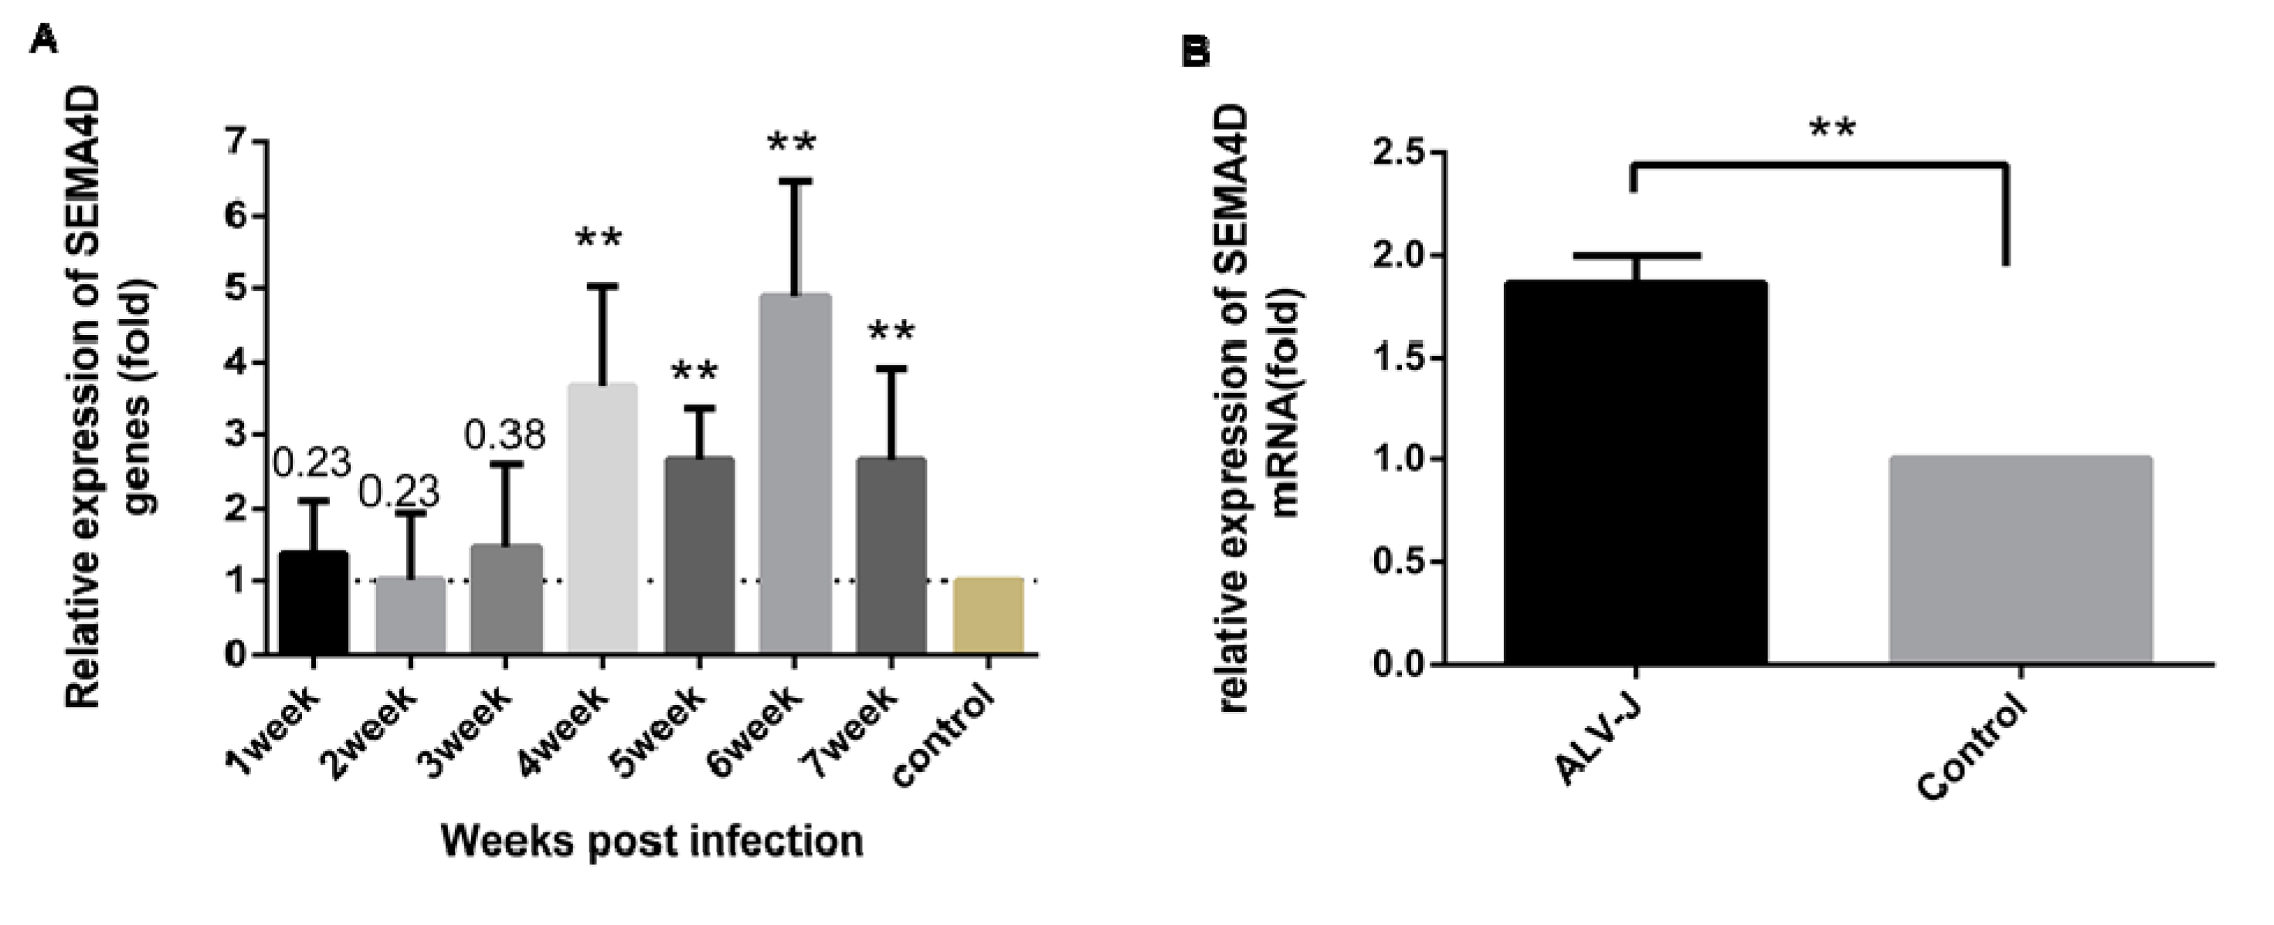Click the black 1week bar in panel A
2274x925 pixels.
(x=314, y=602)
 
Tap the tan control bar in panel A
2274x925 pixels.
(x=988, y=615)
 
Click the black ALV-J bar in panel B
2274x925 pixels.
(x=1635, y=473)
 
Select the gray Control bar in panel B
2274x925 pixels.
(x=2020, y=560)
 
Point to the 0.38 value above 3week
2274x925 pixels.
(x=506, y=435)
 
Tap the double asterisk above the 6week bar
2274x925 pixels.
(x=792, y=143)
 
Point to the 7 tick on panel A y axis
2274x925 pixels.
(x=235, y=141)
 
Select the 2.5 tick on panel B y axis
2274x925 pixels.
(x=1398, y=153)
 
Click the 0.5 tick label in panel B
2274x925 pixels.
(x=1398, y=561)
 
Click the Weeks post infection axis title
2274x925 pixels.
(x=651, y=841)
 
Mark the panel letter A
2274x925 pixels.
(x=42, y=39)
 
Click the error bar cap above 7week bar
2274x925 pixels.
(x=891, y=369)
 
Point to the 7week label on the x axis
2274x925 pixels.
(x=853, y=732)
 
